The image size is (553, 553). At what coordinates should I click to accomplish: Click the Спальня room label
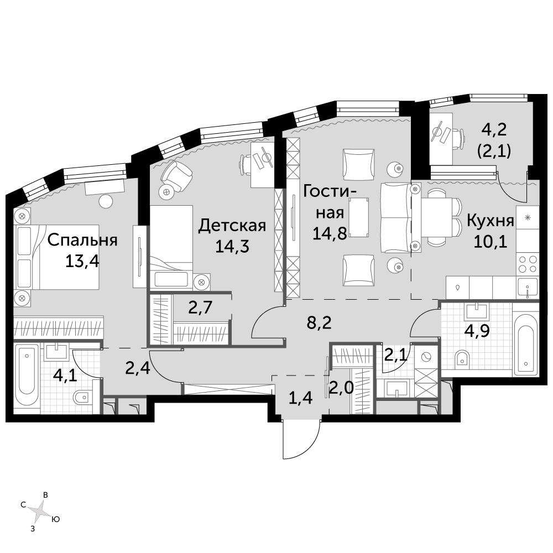(x=82, y=240)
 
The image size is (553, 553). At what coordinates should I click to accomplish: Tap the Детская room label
(x=232, y=226)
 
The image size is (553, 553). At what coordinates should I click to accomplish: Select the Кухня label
(x=490, y=221)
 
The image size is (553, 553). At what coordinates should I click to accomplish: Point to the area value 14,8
(x=330, y=233)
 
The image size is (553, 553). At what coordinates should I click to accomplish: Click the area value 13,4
(x=82, y=262)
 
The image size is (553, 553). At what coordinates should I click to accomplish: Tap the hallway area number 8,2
(x=319, y=322)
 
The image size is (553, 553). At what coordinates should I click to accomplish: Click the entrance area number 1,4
(x=300, y=398)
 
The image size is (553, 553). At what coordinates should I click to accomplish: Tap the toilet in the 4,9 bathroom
(x=462, y=358)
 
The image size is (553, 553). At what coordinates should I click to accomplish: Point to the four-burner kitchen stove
(x=528, y=264)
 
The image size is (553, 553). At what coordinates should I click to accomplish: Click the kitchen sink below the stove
(x=528, y=287)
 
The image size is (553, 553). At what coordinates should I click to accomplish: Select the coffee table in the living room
(x=359, y=217)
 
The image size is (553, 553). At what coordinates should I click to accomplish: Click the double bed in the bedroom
(x=56, y=257)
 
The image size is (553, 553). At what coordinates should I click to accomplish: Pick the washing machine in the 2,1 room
(x=426, y=357)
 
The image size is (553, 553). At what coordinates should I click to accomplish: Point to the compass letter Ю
(x=55, y=519)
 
